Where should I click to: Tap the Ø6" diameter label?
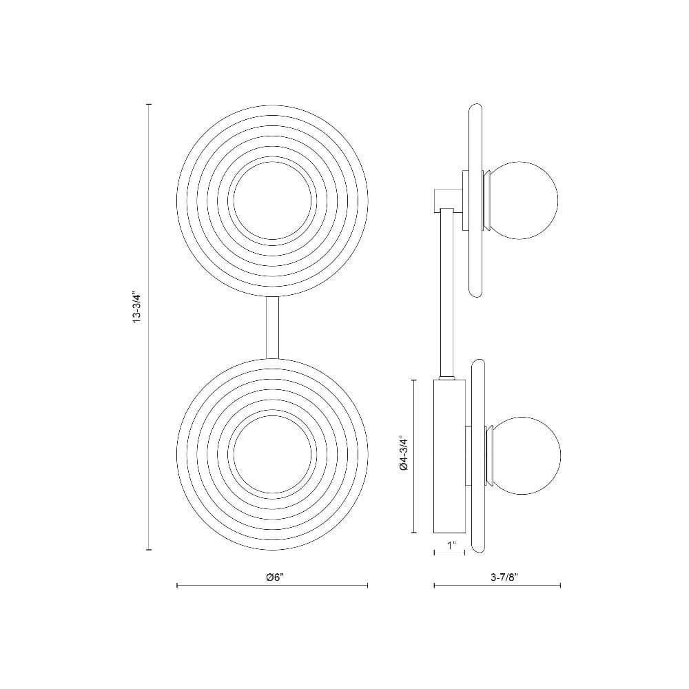point(275,577)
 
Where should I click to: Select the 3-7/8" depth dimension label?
point(504,577)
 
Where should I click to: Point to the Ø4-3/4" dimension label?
point(404,456)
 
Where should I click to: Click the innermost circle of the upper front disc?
point(272,162)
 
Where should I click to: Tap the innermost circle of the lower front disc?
point(272,415)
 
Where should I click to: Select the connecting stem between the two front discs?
point(272,328)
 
